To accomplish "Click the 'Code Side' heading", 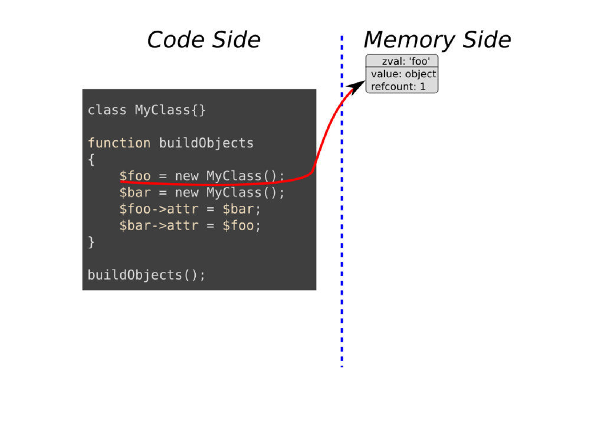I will click(203, 40).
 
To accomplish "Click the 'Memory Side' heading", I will click(437, 40).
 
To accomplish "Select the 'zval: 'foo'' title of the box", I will click(402, 61).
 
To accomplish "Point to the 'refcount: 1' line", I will click(398, 87).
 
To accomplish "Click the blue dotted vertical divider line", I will click(342, 236).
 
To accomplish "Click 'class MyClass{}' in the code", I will click(147, 110).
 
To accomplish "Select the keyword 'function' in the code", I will click(119, 143).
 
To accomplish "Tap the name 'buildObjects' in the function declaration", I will click(206, 143).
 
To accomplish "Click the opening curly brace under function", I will click(91, 159).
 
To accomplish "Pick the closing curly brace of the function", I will click(91, 242).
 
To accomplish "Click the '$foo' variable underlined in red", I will click(134, 176).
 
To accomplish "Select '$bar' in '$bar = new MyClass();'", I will click(134, 192).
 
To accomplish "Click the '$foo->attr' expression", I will click(158, 209).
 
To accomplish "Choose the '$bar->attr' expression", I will click(158, 225).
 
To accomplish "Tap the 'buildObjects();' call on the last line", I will click(147, 275).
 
